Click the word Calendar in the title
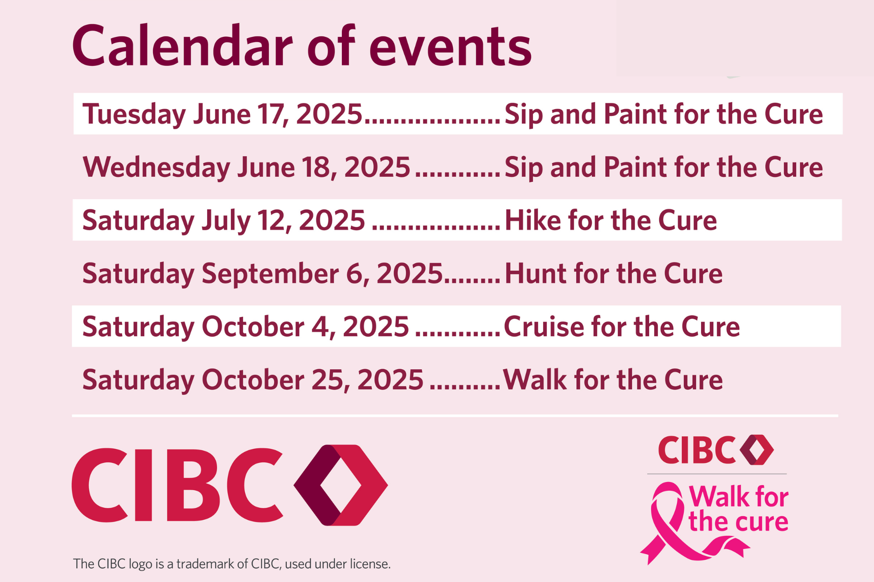coord(183,46)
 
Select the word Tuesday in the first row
coord(134,115)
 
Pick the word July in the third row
coord(226,221)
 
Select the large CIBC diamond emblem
coord(341,485)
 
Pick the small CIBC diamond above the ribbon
coord(757,450)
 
